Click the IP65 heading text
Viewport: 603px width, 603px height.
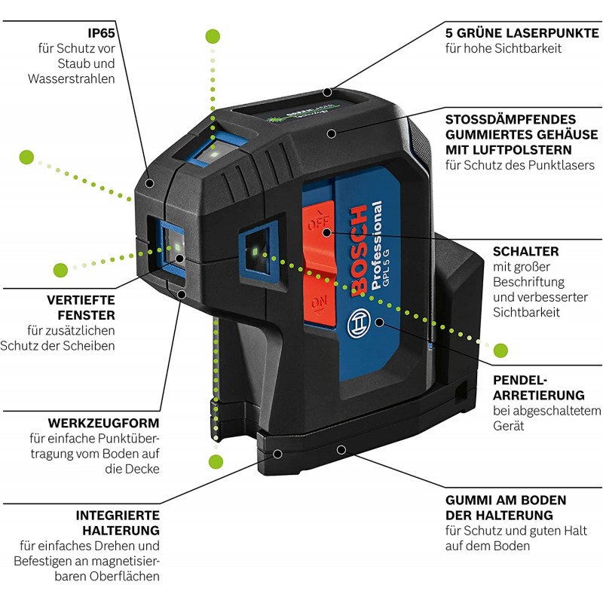pyautogui.click(x=102, y=32)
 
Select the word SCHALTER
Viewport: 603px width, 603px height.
pyautogui.click(x=525, y=251)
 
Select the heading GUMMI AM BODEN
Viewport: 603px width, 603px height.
pyautogui.click(x=505, y=500)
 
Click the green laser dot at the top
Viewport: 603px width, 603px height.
pyautogui.click(x=213, y=35)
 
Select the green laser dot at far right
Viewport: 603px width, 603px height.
pyautogui.click(x=500, y=350)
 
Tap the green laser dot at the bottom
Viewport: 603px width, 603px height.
pyautogui.click(x=216, y=461)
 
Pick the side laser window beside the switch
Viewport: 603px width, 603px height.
pyautogui.click(x=256, y=249)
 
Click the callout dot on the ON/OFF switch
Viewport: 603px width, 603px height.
pyautogui.click(x=326, y=232)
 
